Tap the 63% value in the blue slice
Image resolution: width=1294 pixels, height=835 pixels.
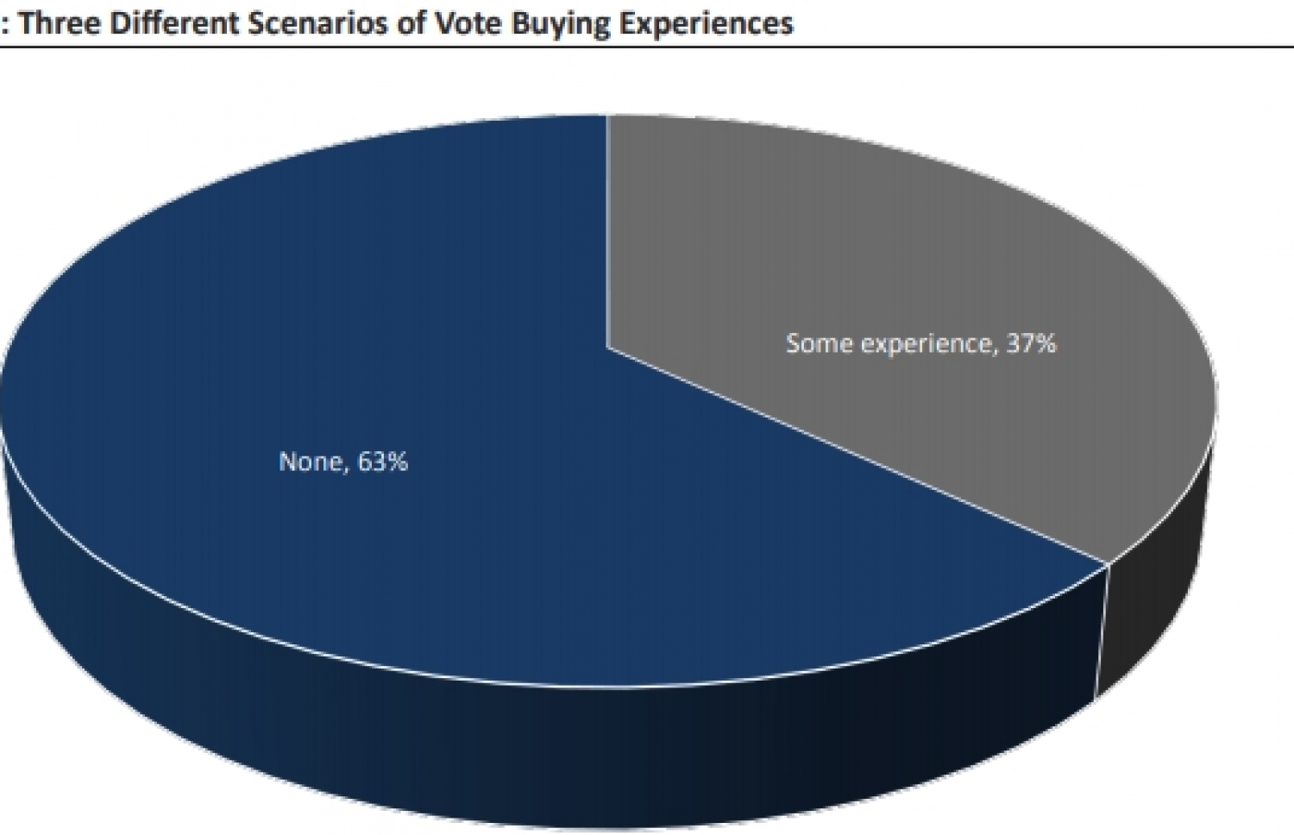coord(382,461)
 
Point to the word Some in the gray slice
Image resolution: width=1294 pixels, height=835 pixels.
coord(819,343)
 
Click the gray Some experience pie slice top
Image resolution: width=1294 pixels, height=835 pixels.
coord(906,259)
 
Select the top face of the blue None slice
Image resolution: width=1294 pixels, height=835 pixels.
coord(431,345)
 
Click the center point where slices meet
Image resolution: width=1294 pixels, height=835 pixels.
coord(607,347)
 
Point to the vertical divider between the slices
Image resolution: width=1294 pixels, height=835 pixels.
coord(607,233)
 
